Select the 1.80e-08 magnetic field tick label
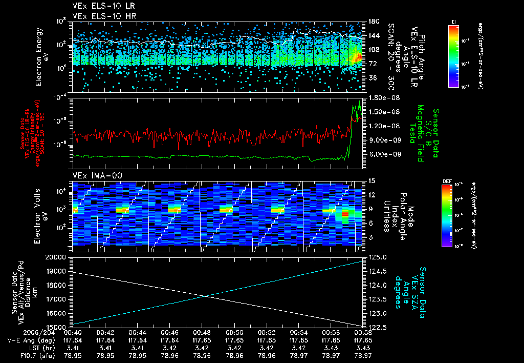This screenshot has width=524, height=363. click(x=381, y=97)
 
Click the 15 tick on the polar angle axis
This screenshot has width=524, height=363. click(x=372, y=180)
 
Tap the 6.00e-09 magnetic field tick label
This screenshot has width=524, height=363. click(x=381, y=154)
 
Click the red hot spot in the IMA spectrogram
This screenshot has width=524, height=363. click(x=345, y=213)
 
